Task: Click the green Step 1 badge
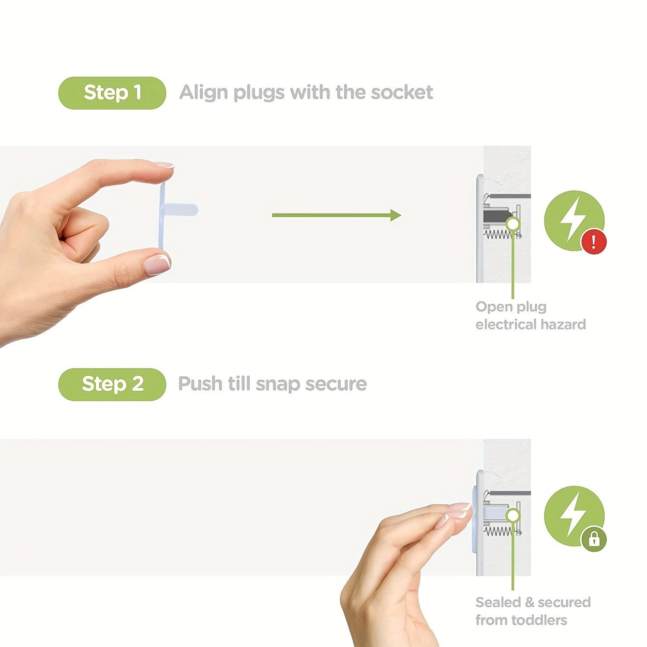coord(112,93)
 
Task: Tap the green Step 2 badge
coord(112,384)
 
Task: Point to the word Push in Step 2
coord(200,384)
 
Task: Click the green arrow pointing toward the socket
coord(336,215)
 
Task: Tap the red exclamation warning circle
coord(594,242)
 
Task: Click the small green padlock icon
coord(594,539)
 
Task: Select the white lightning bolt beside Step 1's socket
coord(573,219)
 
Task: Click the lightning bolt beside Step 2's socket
coord(573,515)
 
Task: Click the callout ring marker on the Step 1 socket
coord(513,224)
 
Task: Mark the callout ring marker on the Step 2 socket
coord(513,515)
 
